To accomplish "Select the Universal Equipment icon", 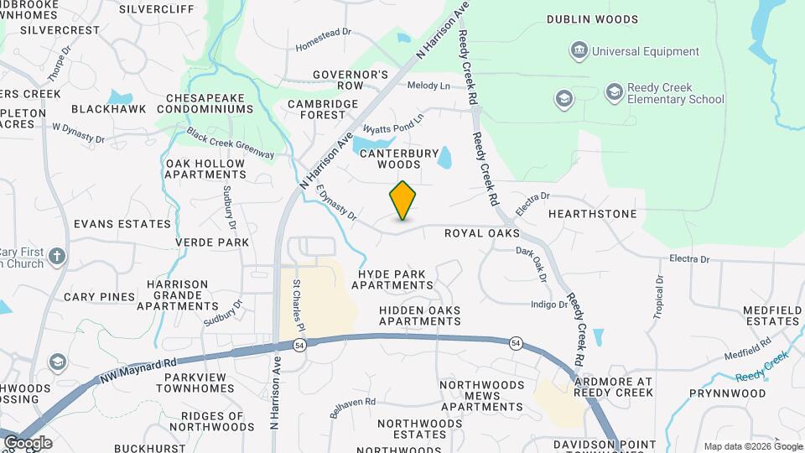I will click(579, 52).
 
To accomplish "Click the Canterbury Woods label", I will click(399, 159).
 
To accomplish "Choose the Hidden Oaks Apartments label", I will click(419, 315).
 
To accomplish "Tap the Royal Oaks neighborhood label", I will click(482, 233).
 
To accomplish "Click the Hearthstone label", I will click(592, 214).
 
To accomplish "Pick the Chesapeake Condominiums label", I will click(210, 103).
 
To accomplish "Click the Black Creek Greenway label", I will click(231, 143).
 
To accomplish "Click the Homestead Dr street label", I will click(323, 39).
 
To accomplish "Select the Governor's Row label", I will click(351, 80).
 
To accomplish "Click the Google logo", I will click(27, 443).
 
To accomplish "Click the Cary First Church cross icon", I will click(57, 256).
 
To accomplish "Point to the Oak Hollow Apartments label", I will click(205, 169).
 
